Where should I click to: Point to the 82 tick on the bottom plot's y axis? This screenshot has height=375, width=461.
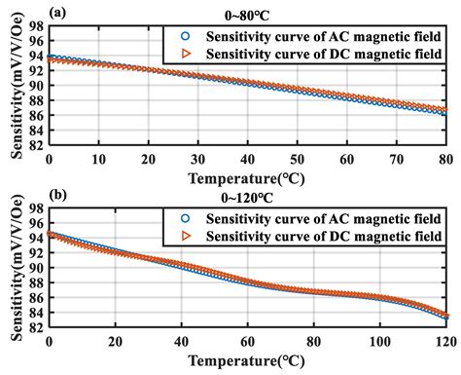(36, 327)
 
